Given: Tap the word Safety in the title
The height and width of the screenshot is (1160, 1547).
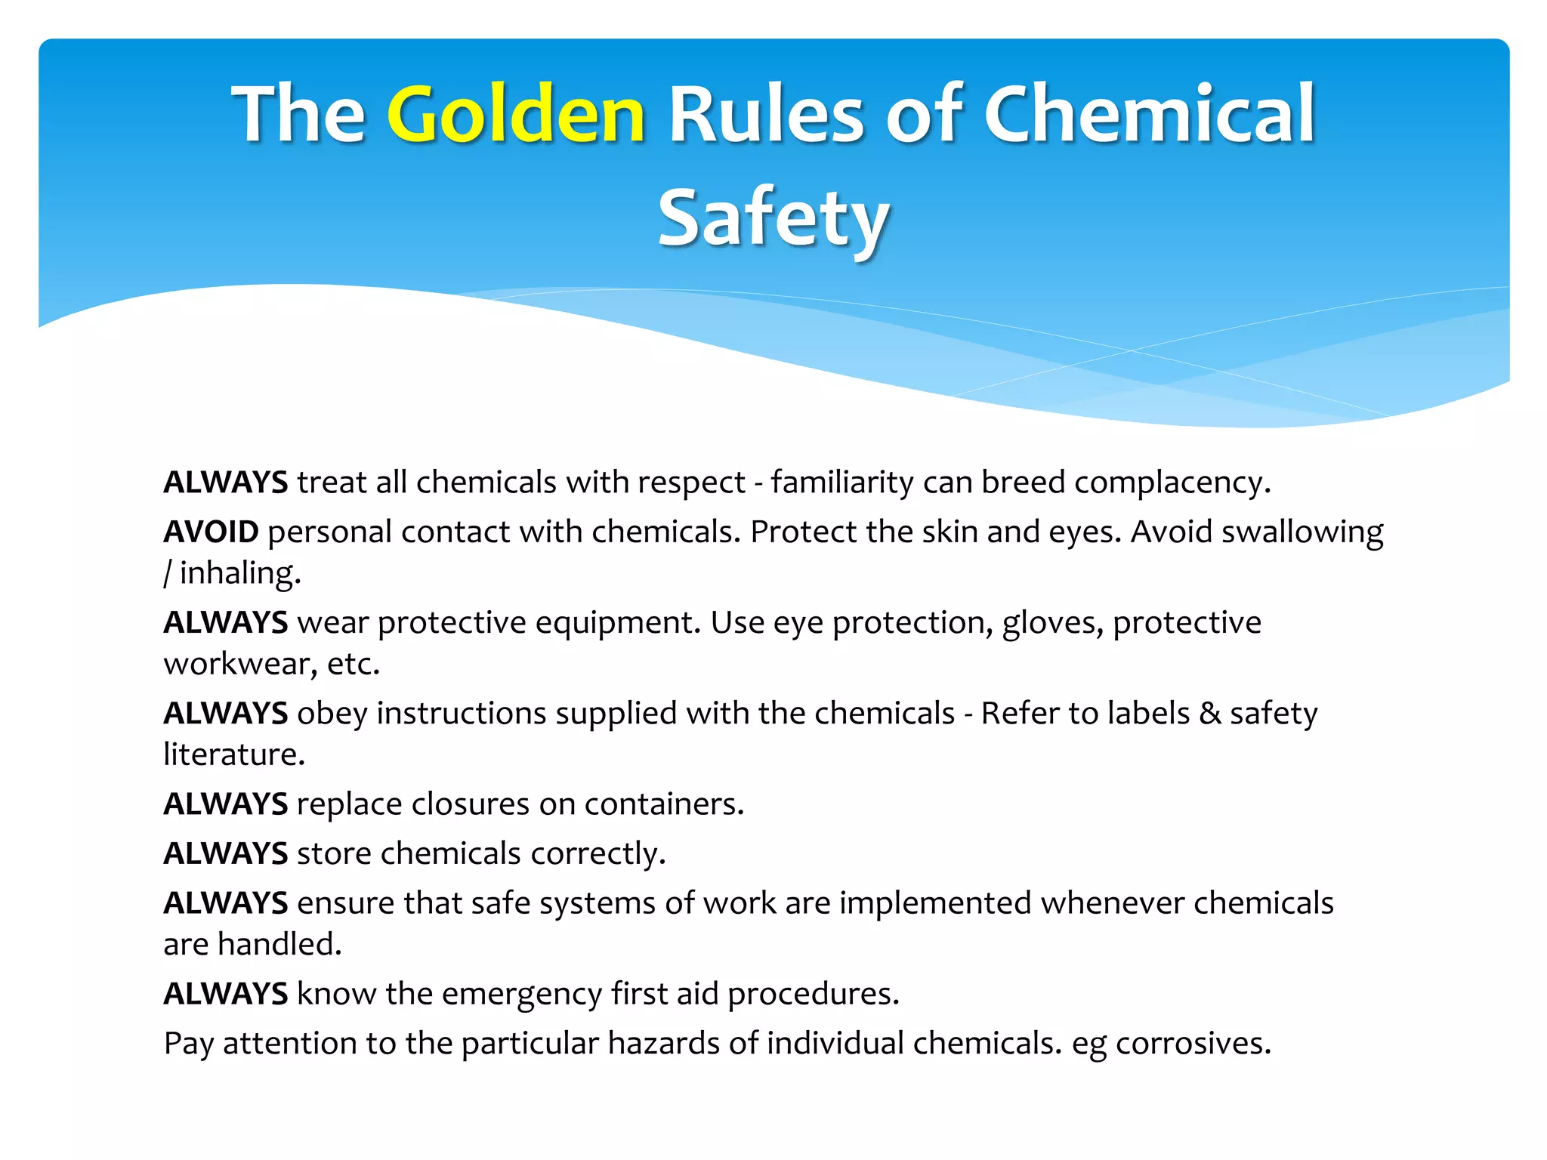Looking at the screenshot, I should pyautogui.click(x=773, y=218).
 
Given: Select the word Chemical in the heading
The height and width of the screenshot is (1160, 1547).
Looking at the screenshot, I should pyautogui.click(x=1149, y=115).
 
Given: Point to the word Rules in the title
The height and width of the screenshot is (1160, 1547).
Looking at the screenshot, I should pyautogui.click(x=766, y=115).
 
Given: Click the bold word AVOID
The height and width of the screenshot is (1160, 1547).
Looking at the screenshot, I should pyautogui.click(x=211, y=532).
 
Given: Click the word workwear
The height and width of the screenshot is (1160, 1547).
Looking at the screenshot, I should pyautogui.click(x=240, y=664).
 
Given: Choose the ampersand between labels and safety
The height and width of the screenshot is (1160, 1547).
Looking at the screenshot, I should pyautogui.click(x=1209, y=714).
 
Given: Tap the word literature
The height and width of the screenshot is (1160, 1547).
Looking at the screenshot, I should pyautogui.click(x=234, y=754).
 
